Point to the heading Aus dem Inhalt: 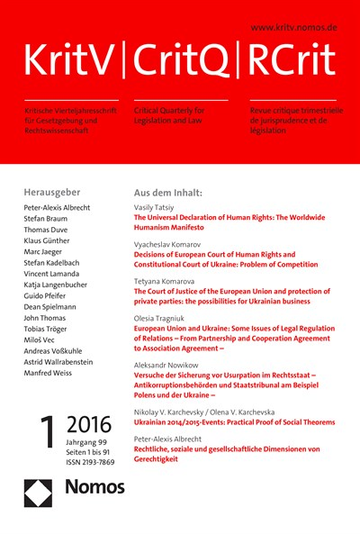[168, 193]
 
